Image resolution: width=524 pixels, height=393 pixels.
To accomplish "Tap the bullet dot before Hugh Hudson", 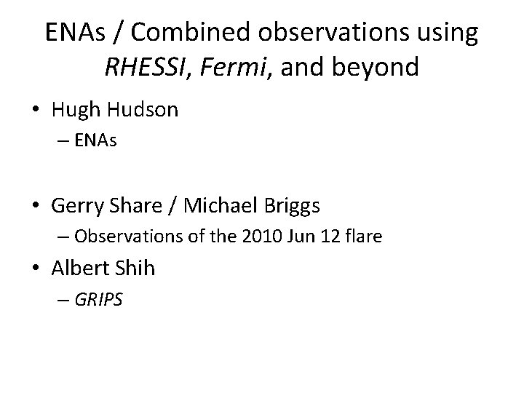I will click(37, 111).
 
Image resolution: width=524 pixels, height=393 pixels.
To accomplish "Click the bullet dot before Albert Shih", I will click(37, 269).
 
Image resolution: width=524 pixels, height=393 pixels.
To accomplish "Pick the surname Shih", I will click(135, 268).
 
